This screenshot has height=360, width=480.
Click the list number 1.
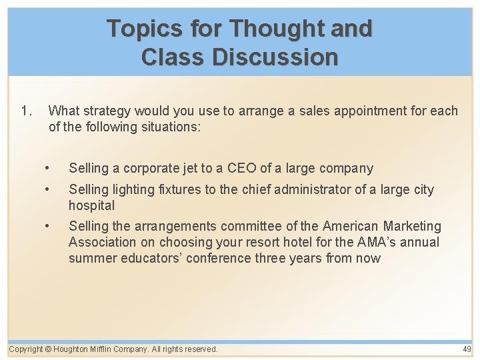(26, 111)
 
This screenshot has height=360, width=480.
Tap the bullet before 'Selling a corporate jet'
(47, 168)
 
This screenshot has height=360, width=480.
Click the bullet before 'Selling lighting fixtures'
(47, 189)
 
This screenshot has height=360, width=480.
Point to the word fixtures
(179, 189)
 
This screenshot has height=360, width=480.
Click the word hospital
(91, 205)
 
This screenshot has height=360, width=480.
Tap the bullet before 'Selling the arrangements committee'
(47, 227)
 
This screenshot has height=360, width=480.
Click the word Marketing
(412, 227)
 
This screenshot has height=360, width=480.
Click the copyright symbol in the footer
(48, 349)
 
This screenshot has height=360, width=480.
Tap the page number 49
(467, 349)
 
